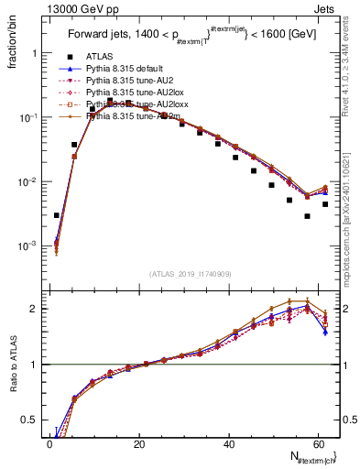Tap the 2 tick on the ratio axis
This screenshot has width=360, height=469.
tap(35, 309)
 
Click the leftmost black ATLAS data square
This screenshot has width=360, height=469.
tap(56, 215)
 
